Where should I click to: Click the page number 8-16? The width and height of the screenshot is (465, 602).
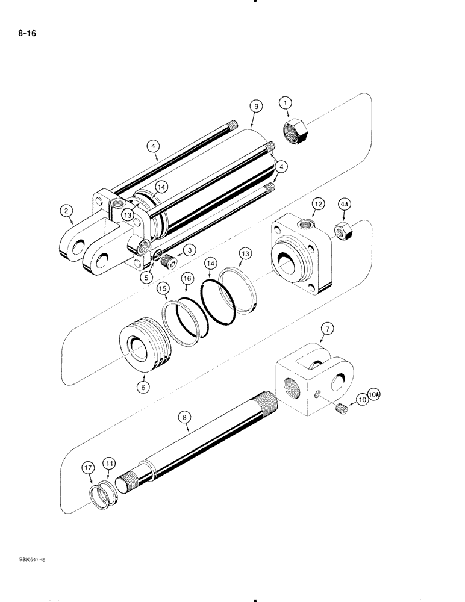[x=27, y=34]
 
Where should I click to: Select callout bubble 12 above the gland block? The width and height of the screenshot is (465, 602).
[x=319, y=205]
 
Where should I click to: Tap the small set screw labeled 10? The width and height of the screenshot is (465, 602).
[x=341, y=410]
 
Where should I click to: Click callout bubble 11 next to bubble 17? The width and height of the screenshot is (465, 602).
[x=108, y=464]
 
